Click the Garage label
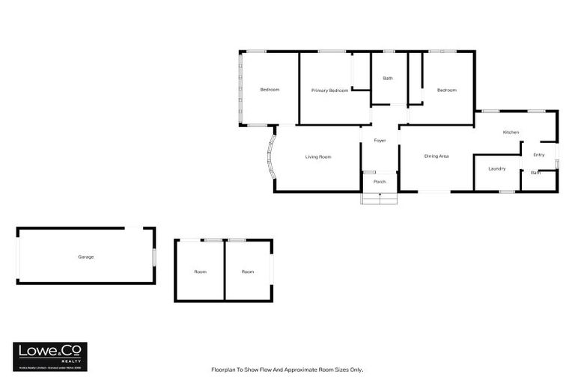(x=85, y=257)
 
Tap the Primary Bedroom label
(x=329, y=90)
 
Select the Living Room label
(x=317, y=157)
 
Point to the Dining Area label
(x=436, y=156)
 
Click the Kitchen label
(x=511, y=132)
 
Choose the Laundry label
(x=496, y=168)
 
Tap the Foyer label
(x=380, y=141)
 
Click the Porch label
(x=380, y=182)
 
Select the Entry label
(x=538, y=155)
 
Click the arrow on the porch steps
(x=380, y=197)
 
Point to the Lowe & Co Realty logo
(x=50, y=356)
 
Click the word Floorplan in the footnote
(x=225, y=370)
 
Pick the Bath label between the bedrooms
(x=388, y=79)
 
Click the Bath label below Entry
(x=535, y=173)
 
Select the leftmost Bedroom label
(x=270, y=90)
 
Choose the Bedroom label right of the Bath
(x=447, y=90)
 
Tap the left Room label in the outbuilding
(x=200, y=272)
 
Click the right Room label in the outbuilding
(x=248, y=272)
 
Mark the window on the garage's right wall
(x=154, y=255)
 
